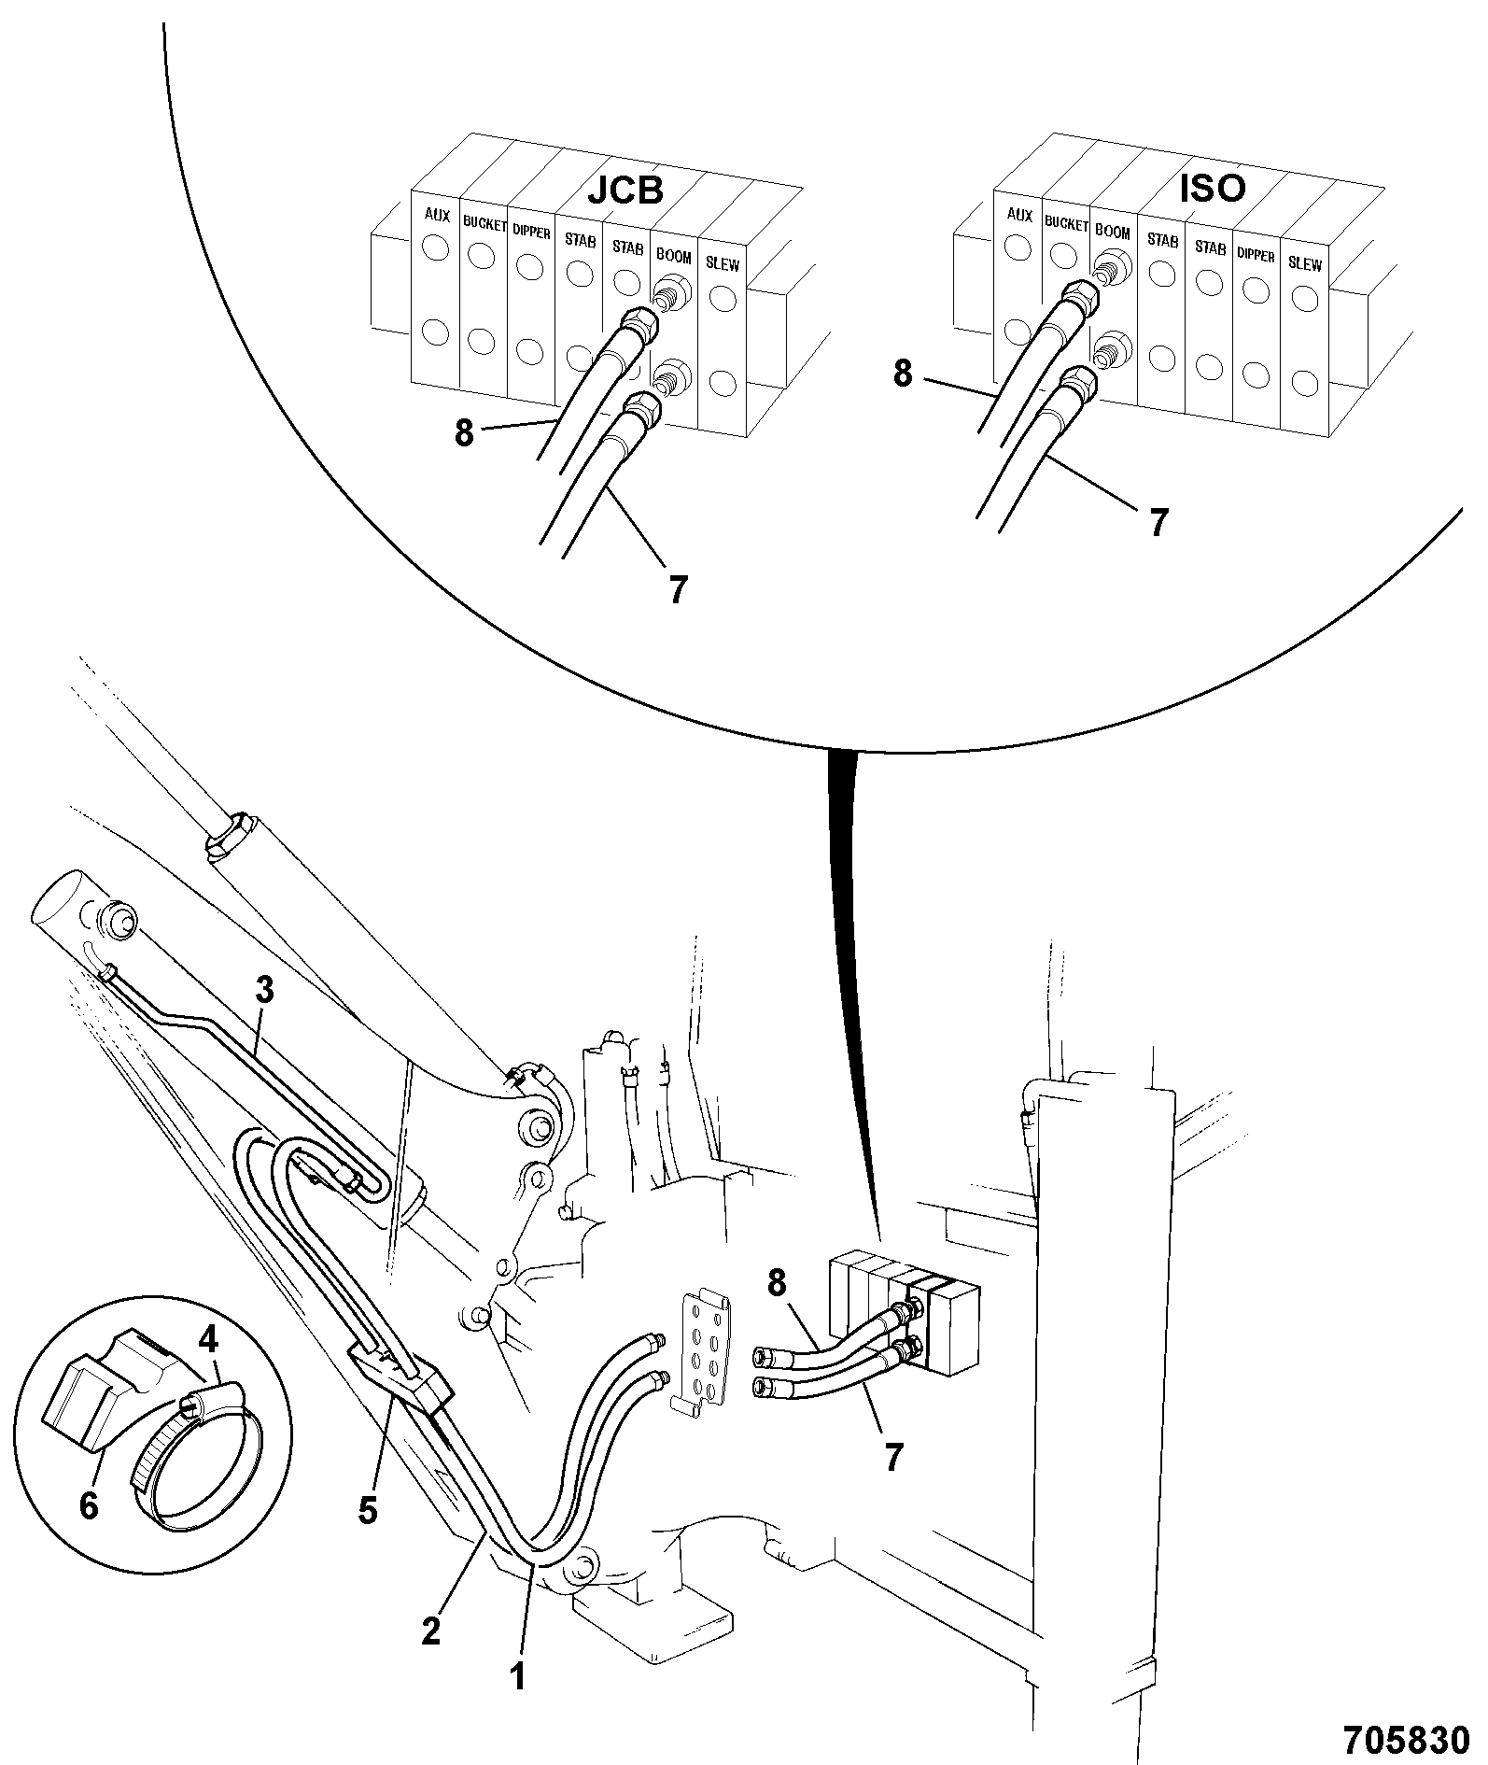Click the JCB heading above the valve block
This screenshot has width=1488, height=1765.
click(625, 190)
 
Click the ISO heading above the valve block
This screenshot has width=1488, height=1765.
click(1213, 188)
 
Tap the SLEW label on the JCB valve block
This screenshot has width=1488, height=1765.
click(723, 264)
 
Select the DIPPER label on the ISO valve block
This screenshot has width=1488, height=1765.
click(1256, 254)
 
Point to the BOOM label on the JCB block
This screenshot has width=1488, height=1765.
click(673, 255)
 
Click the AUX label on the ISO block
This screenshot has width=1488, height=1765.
click(1020, 215)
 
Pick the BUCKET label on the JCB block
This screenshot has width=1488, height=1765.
click(484, 226)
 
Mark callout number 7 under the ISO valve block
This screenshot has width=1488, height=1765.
click(1158, 523)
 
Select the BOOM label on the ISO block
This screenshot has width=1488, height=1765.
click(1112, 233)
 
